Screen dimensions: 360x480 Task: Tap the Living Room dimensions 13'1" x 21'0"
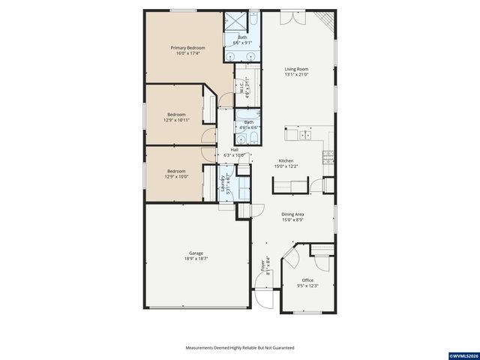(x=296, y=75)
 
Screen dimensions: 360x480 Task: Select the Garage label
(x=196, y=253)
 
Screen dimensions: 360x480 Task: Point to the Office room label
(x=307, y=280)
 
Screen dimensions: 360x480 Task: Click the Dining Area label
(x=292, y=214)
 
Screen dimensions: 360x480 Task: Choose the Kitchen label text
(x=286, y=160)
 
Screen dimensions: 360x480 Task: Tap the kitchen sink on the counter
(x=305, y=135)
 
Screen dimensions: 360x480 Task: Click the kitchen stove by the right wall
(x=328, y=157)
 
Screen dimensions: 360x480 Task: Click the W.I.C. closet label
(x=241, y=88)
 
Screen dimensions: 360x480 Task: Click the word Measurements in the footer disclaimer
(x=201, y=348)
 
